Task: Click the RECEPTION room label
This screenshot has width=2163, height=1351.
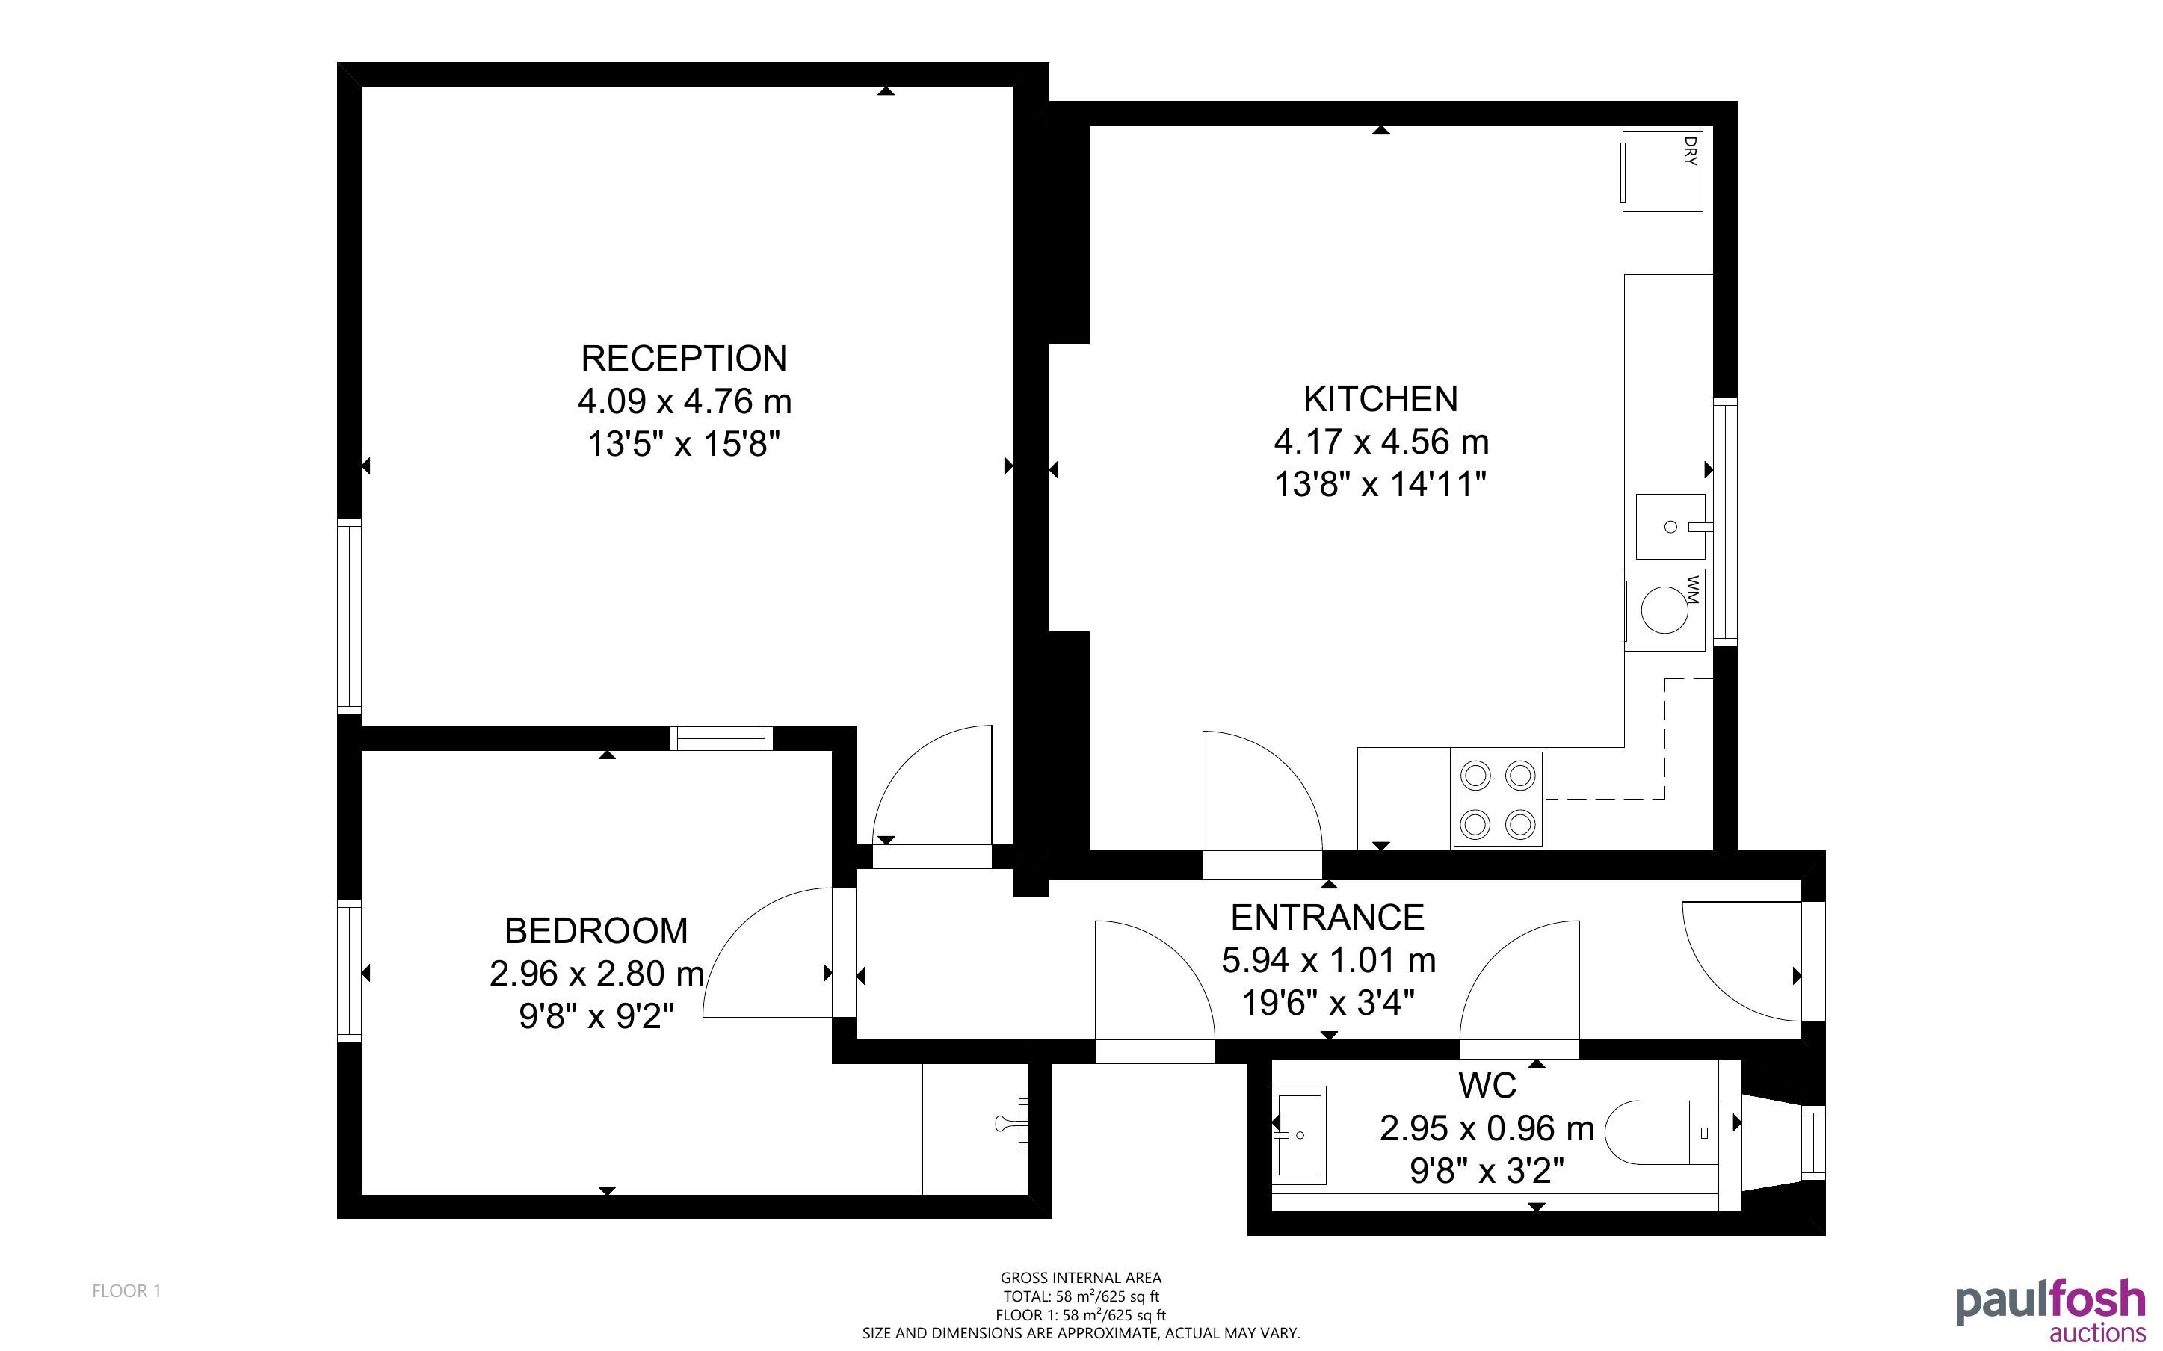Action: click(685, 359)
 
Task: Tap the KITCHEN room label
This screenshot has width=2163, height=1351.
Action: click(1380, 398)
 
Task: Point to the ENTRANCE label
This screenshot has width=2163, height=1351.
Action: click(1327, 918)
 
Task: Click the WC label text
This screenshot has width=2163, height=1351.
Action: click(1487, 1086)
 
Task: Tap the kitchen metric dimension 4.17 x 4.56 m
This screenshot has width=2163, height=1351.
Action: click(1381, 442)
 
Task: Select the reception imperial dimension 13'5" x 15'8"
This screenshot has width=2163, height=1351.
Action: click(685, 443)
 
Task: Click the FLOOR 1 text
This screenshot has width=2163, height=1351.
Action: click(127, 1291)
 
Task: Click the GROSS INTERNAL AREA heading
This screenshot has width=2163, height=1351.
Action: click(1081, 1278)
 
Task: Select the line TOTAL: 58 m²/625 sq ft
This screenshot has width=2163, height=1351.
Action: click(1081, 1296)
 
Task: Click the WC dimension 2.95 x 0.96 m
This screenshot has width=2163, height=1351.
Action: click(1487, 1128)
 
